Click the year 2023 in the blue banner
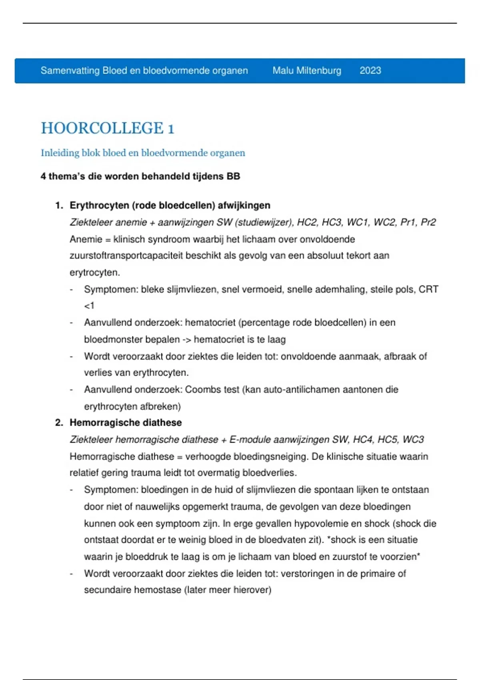[x=370, y=71]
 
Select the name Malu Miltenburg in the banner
[x=307, y=71]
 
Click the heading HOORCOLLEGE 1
[x=108, y=128]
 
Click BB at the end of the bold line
[x=233, y=176]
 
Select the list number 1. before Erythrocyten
[x=59, y=206]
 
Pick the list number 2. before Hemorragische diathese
[x=59, y=423]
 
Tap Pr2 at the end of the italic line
[x=428, y=222]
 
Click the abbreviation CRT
[x=428, y=289]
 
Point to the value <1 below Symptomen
[x=89, y=306]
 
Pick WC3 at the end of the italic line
[x=413, y=440]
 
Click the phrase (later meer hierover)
[x=228, y=590]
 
